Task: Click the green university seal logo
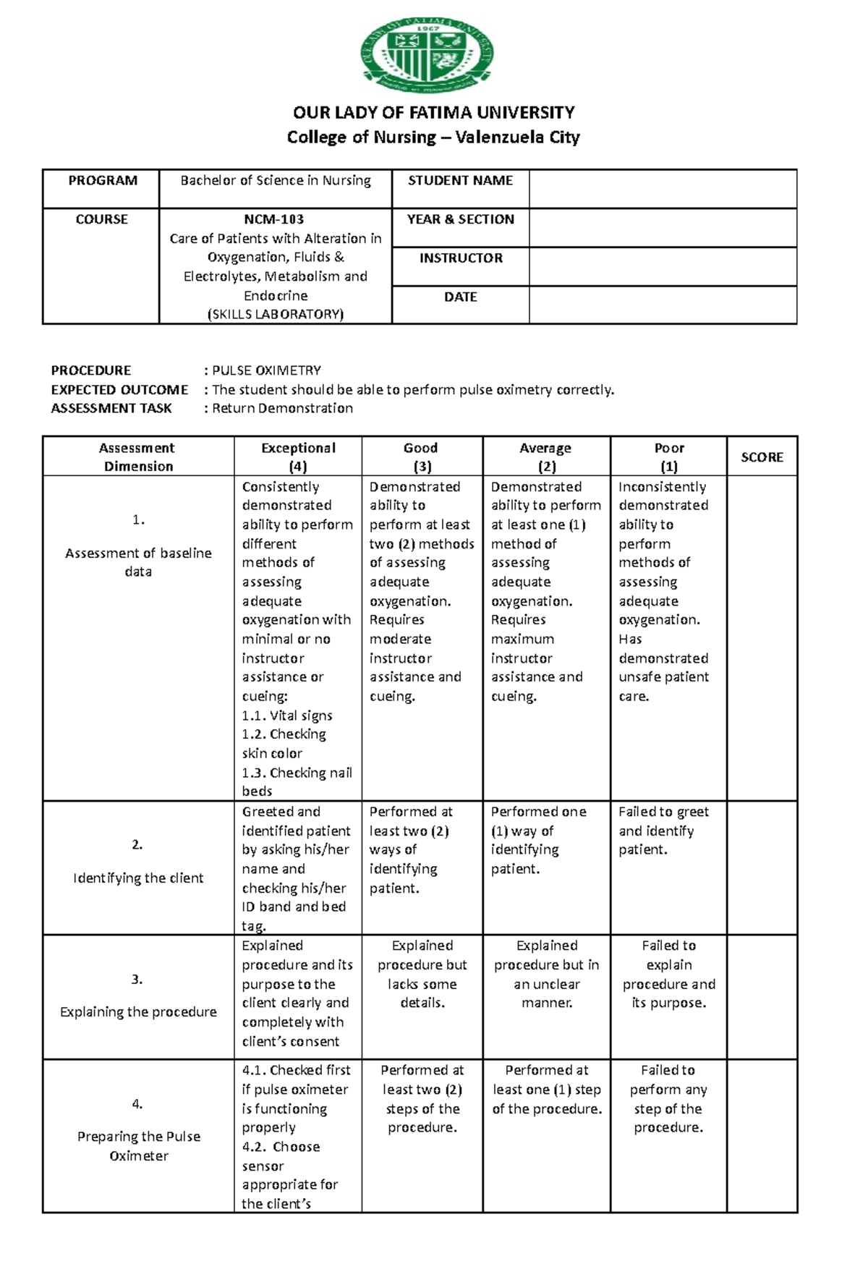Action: coord(427,55)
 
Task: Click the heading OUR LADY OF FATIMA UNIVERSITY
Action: coord(433,113)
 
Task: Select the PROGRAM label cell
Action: coord(102,181)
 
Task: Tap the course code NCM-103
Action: coord(274,219)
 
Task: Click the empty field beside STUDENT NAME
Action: coord(662,189)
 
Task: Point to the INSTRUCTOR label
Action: coord(461,258)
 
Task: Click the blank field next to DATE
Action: coord(662,304)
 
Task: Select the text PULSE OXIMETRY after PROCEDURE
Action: coord(266,370)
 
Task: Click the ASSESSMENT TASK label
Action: coord(111,408)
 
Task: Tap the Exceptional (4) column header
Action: coord(298,457)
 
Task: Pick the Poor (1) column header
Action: coord(668,457)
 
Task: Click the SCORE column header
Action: coord(762,457)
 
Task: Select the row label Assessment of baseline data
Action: coord(138,562)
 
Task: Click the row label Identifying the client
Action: coord(138,878)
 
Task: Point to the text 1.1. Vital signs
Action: coord(287,716)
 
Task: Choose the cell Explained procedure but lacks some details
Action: coord(422,974)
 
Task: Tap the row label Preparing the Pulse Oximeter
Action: coord(138,1145)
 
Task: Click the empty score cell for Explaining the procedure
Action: coord(762,997)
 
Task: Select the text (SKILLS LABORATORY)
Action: coord(275,314)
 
